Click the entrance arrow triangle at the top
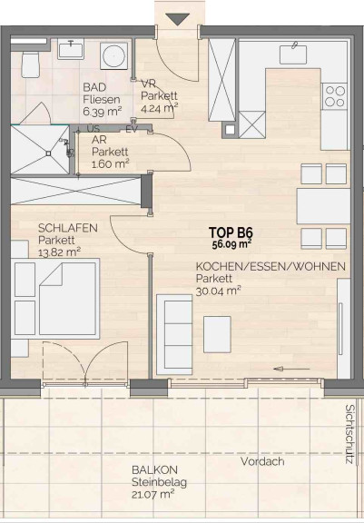click(177, 19)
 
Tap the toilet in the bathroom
click(31, 64)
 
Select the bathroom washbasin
click(70, 49)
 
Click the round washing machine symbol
click(113, 55)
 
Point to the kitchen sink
click(293, 54)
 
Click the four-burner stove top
click(335, 96)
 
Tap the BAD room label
click(94, 88)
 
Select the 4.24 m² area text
click(160, 108)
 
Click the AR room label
click(98, 141)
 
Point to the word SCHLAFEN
click(68, 229)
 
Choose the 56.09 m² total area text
click(232, 244)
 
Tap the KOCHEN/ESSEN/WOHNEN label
click(271, 267)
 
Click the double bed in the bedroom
click(55, 299)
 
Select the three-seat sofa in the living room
click(174, 334)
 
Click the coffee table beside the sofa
click(217, 334)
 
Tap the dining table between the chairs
click(323, 206)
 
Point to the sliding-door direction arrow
click(291, 369)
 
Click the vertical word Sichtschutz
click(349, 434)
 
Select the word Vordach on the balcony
click(262, 461)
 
